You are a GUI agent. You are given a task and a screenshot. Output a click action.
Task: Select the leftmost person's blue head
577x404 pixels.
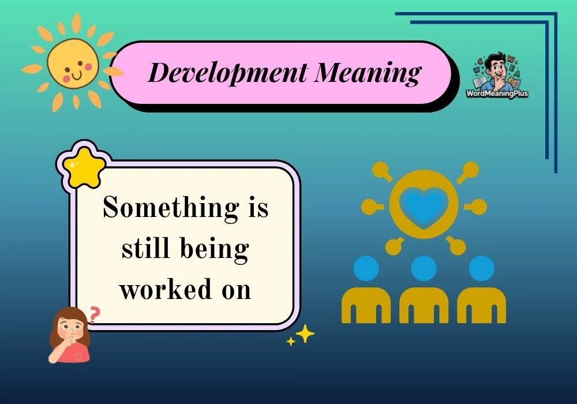(x=366, y=268)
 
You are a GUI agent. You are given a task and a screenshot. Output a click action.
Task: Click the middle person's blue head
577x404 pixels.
(x=424, y=268)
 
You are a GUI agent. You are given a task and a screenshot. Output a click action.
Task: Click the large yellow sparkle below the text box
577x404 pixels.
(x=305, y=334)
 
